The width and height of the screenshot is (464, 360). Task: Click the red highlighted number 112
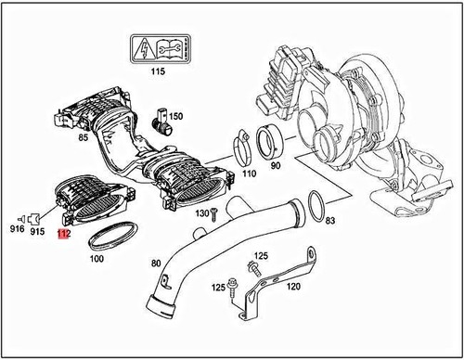point(63,234)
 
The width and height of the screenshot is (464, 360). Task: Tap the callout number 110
point(248,173)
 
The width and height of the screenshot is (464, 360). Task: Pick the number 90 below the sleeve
point(275,166)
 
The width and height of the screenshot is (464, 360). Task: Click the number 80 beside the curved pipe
point(156,263)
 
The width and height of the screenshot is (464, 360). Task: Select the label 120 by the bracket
point(293,287)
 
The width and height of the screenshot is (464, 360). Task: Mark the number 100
point(96,259)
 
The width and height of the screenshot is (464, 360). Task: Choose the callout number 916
point(18,229)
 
